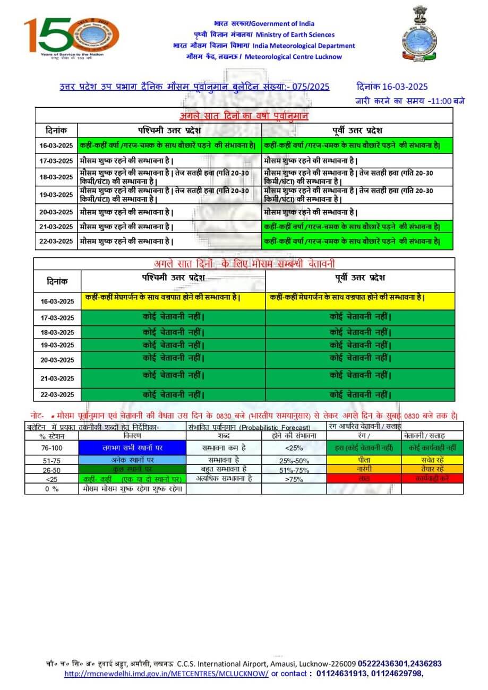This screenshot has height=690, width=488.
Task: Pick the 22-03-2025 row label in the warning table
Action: (57, 395)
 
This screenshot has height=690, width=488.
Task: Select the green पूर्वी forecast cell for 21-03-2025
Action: (357, 227)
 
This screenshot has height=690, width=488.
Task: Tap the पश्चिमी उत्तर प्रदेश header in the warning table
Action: (173, 278)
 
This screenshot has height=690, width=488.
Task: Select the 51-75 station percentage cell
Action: (52, 460)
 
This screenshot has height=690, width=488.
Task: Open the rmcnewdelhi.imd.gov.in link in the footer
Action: (167, 674)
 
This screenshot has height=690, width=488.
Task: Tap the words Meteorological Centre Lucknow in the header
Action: (293, 57)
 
